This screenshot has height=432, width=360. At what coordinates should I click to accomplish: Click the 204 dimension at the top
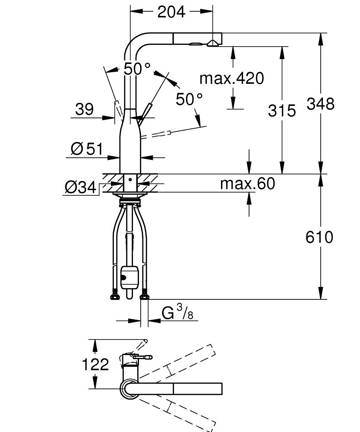pyautogui.click(x=171, y=12)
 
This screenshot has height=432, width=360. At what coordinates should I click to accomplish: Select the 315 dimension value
pyautogui.click(x=282, y=111)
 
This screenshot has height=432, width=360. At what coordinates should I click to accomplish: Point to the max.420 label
pyautogui.click(x=231, y=78)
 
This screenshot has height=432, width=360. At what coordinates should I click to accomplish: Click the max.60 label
pyautogui.click(x=247, y=184)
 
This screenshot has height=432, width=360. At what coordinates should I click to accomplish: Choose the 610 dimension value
pyautogui.click(x=320, y=237)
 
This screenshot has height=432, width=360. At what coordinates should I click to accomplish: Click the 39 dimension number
pyautogui.click(x=84, y=109)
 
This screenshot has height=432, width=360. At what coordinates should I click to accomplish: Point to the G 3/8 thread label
pyautogui.click(x=177, y=313)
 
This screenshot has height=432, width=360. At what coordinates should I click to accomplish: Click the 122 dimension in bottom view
pyautogui.click(x=95, y=365)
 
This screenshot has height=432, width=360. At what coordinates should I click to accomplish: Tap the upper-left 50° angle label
pyautogui.click(x=137, y=69)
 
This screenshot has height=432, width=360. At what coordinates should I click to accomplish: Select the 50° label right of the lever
pyautogui.click(x=189, y=99)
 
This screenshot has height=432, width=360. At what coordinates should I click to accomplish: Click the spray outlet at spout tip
pyautogui.click(x=212, y=43)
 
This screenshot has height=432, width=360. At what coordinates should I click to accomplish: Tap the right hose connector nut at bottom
pyautogui.click(x=145, y=296)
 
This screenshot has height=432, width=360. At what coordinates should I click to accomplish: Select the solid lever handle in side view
pyautogui.click(x=145, y=112)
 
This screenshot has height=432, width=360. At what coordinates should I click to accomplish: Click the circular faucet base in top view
pyautogui.click(x=129, y=389)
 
